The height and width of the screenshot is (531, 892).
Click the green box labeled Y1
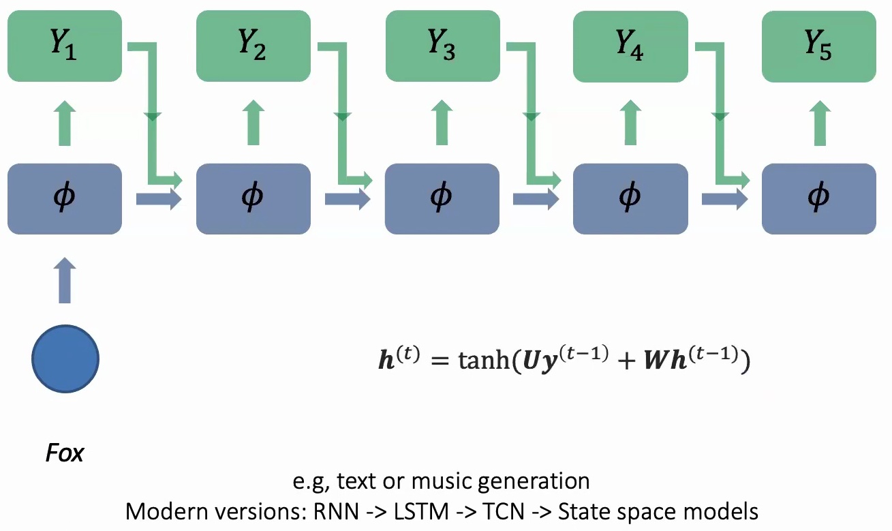(64, 46)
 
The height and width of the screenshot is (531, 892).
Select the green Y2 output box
(253, 46)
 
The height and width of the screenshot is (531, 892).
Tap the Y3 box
(442, 46)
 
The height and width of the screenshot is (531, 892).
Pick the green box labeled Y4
(630, 46)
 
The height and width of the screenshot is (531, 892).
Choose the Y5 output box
(818, 46)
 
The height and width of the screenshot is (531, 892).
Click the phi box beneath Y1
(64, 198)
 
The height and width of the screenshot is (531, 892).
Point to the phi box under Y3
(442, 198)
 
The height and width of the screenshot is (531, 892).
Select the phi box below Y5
(818, 198)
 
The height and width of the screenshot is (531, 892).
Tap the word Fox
(64, 453)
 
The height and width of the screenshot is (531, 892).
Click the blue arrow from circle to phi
(65, 280)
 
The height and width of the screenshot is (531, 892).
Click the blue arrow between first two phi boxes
(159, 199)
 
